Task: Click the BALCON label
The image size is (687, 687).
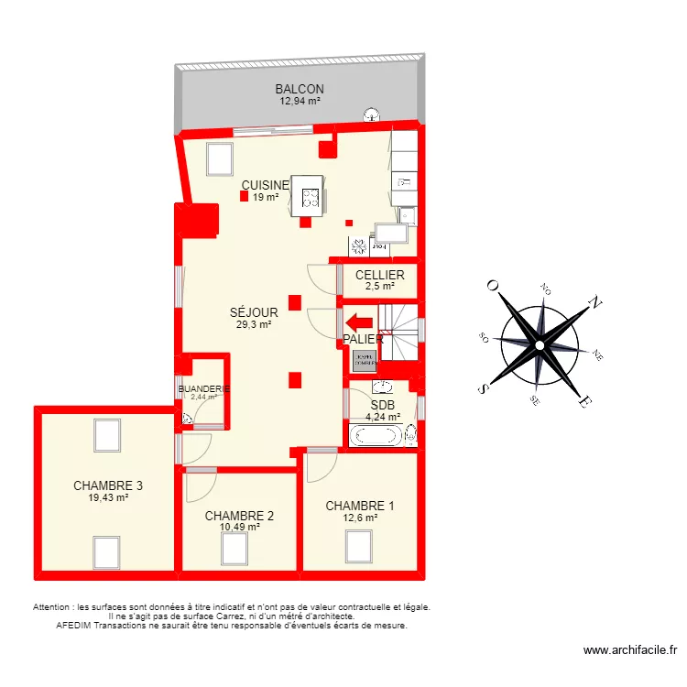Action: (x=300, y=89)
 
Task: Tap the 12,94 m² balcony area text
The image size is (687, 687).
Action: (x=300, y=101)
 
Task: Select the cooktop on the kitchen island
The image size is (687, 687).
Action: (x=310, y=195)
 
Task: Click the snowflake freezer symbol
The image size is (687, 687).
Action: (x=358, y=246)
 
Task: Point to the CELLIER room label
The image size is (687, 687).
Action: (x=379, y=275)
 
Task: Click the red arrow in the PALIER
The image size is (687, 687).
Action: (x=358, y=322)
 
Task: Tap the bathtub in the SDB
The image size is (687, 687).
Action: (x=373, y=435)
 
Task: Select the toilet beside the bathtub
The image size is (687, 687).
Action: (x=411, y=434)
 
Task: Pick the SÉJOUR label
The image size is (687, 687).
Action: (x=254, y=312)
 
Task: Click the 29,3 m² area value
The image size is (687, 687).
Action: (x=254, y=324)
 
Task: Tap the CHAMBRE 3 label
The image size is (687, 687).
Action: (x=108, y=485)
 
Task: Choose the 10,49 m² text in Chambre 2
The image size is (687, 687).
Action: (x=239, y=527)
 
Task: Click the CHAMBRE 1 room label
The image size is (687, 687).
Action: (x=360, y=506)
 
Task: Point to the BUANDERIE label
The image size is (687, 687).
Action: (x=203, y=388)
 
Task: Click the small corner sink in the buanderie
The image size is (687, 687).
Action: (x=189, y=419)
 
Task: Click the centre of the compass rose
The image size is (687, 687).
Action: (x=540, y=344)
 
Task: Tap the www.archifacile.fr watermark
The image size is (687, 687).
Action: (x=630, y=650)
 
